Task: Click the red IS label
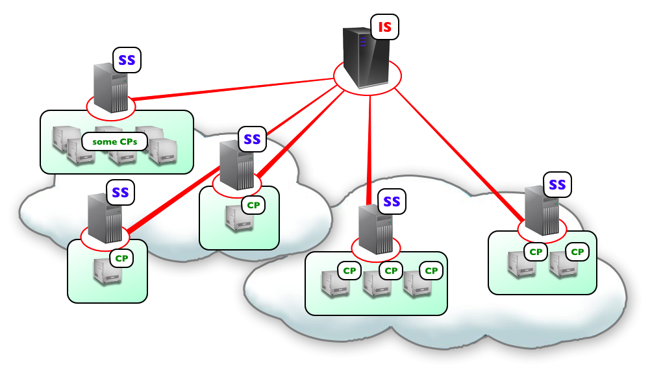[x=385, y=27]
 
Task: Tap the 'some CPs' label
[x=115, y=141]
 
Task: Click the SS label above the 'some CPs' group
[x=127, y=60]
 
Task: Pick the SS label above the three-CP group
[x=392, y=202]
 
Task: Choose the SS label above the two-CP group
[x=557, y=185]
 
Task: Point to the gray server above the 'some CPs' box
[x=110, y=88]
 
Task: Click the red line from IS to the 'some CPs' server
[x=234, y=89]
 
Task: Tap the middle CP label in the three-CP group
[x=390, y=270]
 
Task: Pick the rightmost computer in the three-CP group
[x=416, y=284]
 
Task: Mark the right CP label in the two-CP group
[x=577, y=251]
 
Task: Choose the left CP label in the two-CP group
[x=536, y=251]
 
